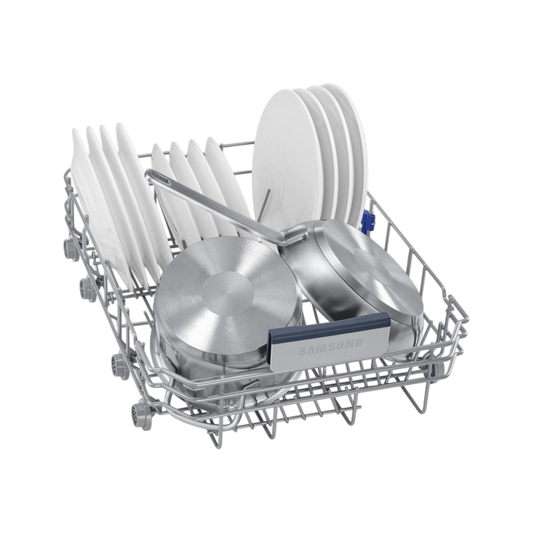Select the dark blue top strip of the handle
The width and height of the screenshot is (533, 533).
(x=328, y=323)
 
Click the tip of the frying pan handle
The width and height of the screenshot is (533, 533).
(x=148, y=173)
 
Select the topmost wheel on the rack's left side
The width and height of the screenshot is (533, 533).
(x=69, y=246)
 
